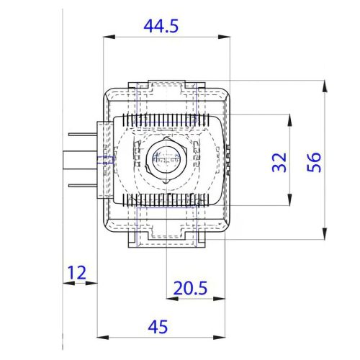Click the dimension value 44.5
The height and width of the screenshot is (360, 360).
pos(161,27)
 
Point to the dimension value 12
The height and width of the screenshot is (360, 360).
pos(76,272)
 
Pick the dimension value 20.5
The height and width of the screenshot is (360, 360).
pos(189,288)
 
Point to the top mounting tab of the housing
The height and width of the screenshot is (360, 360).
pos(166,86)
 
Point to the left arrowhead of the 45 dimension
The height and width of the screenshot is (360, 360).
pos(101,337)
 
